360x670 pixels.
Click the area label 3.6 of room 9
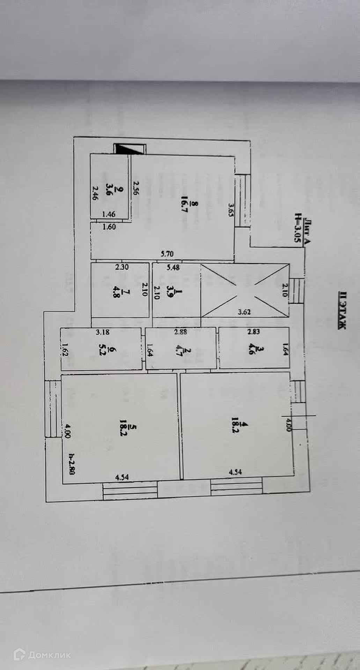120,193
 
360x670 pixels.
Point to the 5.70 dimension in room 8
167,254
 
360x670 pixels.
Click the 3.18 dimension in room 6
103,332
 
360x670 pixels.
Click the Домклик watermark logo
42,655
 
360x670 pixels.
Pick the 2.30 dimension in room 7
122,267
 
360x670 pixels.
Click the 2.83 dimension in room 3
254,332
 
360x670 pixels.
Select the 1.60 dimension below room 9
109,227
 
